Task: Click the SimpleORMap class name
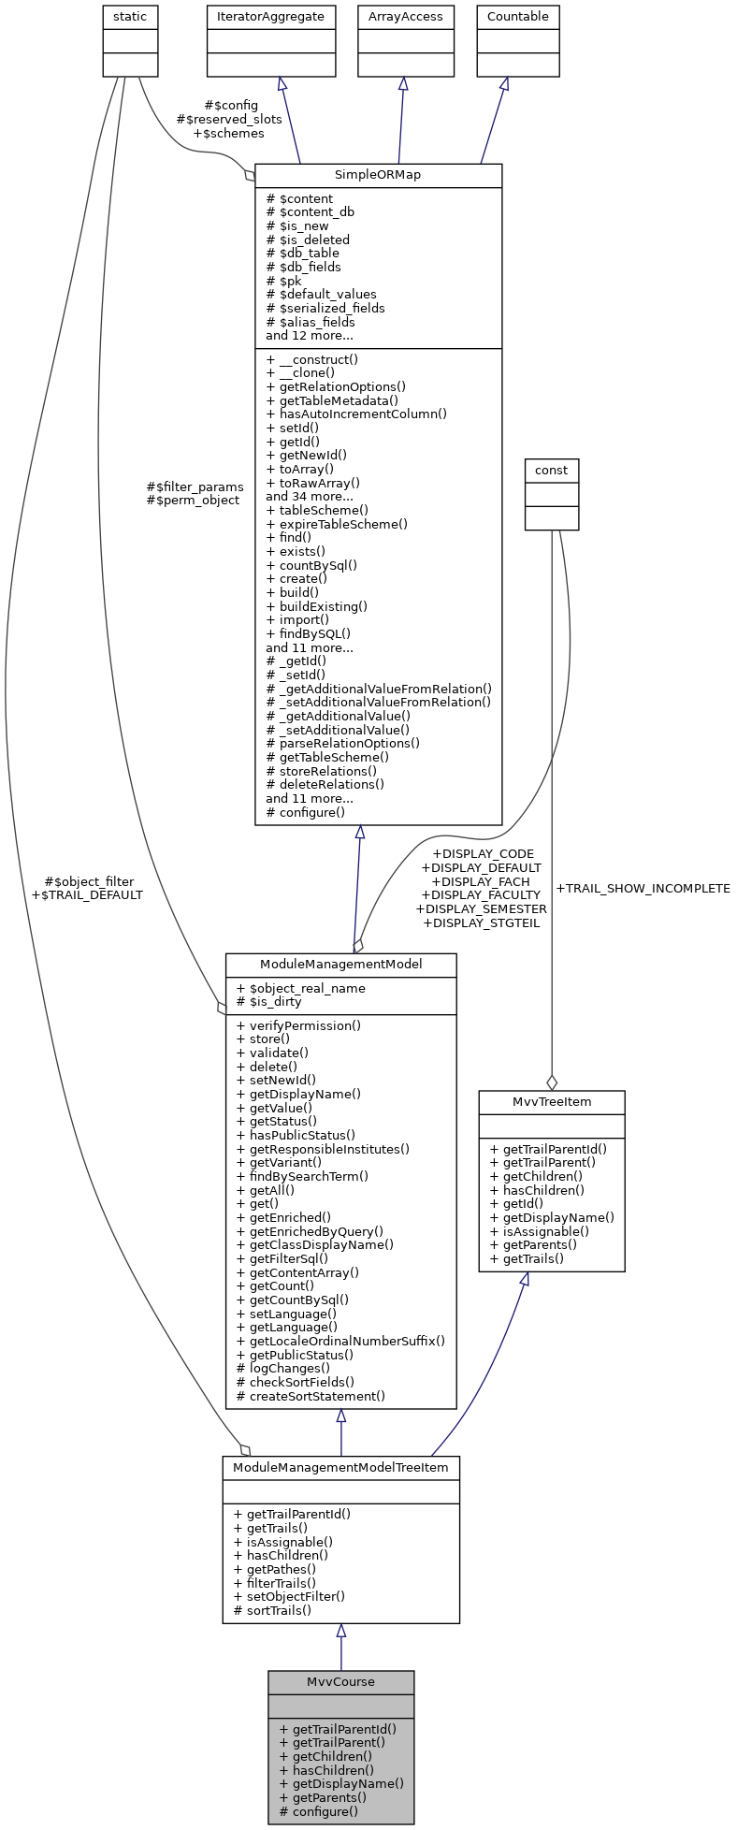[x=378, y=175]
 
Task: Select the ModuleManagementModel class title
[x=340, y=964]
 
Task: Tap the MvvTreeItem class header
[x=551, y=1101]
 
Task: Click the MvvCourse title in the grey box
[x=340, y=1681]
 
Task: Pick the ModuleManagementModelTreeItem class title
[x=340, y=1467]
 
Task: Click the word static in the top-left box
[x=130, y=17]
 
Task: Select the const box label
[x=552, y=470]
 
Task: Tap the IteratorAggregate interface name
[x=270, y=17]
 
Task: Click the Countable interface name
[x=518, y=17]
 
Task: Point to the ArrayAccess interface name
[x=405, y=17]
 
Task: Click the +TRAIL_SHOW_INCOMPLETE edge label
[x=643, y=888]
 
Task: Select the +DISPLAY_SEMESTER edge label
[x=481, y=908]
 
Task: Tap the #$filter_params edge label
[x=195, y=487]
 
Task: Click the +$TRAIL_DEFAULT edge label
[x=87, y=894]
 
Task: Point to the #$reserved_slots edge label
[x=228, y=119]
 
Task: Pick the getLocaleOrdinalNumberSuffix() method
[x=340, y=1341]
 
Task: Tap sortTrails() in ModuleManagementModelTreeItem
[x=272, y=1610]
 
